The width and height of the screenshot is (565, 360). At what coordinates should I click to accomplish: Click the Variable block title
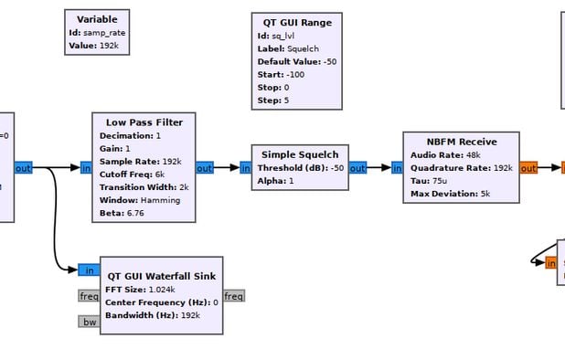[97, 19]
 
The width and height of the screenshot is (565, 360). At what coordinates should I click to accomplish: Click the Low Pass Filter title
[144, 122]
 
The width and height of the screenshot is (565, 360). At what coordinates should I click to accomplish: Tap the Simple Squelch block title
[300, 154]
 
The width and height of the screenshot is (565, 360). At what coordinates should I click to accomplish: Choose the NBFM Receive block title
[461, 142]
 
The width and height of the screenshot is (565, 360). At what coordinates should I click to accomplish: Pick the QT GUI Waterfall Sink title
[161, 275]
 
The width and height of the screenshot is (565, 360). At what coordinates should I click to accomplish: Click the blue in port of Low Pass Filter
[86, 168]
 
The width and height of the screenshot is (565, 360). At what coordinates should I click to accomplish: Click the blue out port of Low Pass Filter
[205, 168]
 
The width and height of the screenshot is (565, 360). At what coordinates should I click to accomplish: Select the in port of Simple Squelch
[246, 168]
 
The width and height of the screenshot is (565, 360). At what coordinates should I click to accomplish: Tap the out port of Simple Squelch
[357, 168]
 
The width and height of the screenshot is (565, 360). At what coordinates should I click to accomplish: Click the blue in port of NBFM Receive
[397, 168]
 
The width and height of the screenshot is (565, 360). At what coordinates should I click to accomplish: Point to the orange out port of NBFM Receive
[528, 168]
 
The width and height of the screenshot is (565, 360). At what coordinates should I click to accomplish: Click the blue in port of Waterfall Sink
[90, 270]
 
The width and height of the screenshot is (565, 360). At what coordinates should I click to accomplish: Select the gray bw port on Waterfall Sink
[89, 321]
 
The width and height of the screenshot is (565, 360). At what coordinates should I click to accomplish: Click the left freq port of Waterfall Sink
[89, 296]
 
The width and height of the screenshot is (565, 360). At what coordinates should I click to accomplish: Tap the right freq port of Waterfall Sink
[234, 296]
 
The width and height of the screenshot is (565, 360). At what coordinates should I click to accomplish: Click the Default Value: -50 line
[297, 61]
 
